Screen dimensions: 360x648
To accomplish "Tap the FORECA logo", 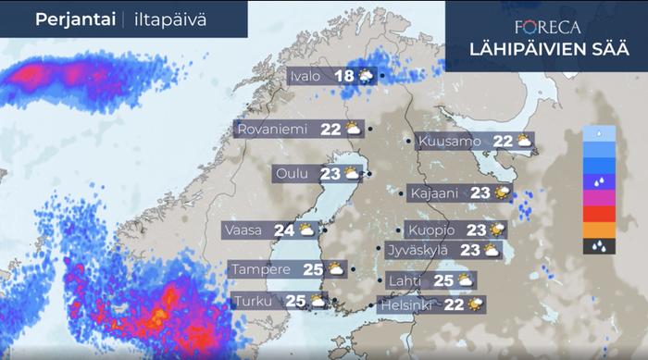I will click(546, 27).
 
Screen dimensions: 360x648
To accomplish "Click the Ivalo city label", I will click(307, 77).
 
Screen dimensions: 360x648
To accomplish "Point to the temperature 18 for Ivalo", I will click(344, 77).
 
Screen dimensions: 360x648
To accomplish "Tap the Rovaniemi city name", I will click(272, 130).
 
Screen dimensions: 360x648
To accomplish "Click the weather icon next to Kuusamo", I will click(524, 142).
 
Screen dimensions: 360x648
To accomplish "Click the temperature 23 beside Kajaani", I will click(480, 193).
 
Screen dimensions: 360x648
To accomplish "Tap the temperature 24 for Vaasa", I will click(283, 230).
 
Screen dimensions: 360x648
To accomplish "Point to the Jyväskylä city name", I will click(417, 249).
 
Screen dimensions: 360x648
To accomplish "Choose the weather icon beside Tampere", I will click(335, 269).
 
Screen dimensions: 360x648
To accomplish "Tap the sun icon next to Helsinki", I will click(476, 304).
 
